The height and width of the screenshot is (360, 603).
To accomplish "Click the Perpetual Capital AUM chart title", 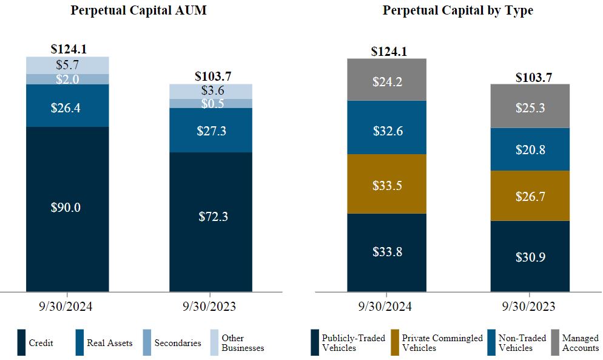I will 138,11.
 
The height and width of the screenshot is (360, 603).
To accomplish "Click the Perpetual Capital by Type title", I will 458,11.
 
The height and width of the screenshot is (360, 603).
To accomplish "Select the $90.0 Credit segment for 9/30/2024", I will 67,208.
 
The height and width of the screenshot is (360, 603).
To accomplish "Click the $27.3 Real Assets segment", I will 211,130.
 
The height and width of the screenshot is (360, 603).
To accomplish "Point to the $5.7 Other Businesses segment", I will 67,65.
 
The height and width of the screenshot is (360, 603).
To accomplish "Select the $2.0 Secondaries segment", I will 67,79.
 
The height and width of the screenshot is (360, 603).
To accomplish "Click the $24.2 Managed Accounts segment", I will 387,80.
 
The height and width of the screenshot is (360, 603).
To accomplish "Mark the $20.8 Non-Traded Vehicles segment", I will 530,149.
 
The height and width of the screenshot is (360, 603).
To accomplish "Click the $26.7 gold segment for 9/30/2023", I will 530,195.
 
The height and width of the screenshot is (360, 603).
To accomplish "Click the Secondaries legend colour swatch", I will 147,342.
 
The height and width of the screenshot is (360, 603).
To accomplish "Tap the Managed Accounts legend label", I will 580,343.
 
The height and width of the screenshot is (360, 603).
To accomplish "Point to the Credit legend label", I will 41,343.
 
